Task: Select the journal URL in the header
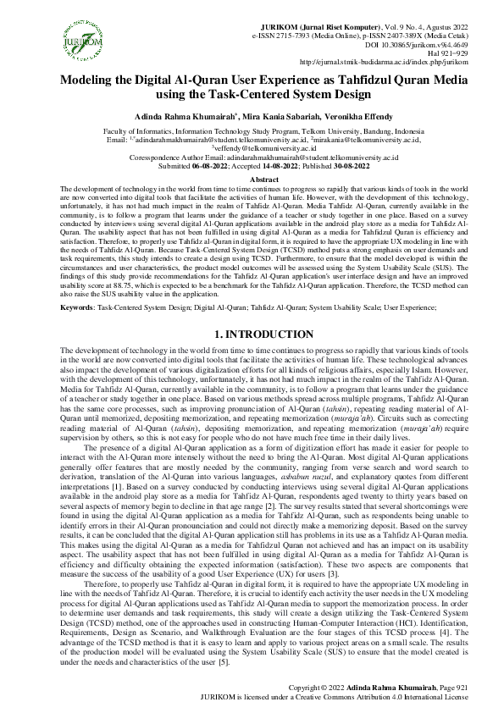[x=397, y=60]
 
